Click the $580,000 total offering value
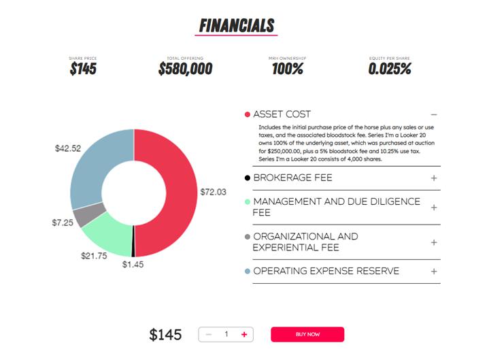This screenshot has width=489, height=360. (185, 69)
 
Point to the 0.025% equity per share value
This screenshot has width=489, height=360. (389, 69)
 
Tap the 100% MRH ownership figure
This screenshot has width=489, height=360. (287, 69)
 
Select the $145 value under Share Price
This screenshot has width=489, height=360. (82, 69)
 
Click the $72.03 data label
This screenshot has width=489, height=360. (213, 192)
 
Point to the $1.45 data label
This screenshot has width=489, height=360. (133, 264)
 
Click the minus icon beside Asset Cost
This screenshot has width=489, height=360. (433, 115)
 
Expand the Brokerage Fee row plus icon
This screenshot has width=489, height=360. (433, 178)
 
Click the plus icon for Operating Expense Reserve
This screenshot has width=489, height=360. (433, 272)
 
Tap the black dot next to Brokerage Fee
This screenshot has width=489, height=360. (248, 178)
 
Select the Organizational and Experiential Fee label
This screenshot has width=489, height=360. (305, 242)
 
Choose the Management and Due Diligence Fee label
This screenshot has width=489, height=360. (336, 207)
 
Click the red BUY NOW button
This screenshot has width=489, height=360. (307, 335)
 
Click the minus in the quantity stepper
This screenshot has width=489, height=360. (209, 335)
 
